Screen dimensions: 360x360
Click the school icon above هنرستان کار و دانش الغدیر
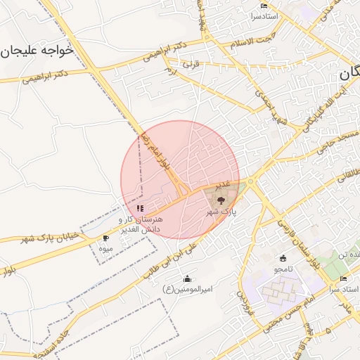(x=141, y=208)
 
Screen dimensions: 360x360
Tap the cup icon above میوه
(x=106, y=238)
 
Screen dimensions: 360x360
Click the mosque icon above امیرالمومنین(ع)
(x=187, y=278)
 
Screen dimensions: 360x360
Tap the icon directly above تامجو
(x=283, y=258)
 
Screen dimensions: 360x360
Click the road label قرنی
(x=191, y=63)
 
